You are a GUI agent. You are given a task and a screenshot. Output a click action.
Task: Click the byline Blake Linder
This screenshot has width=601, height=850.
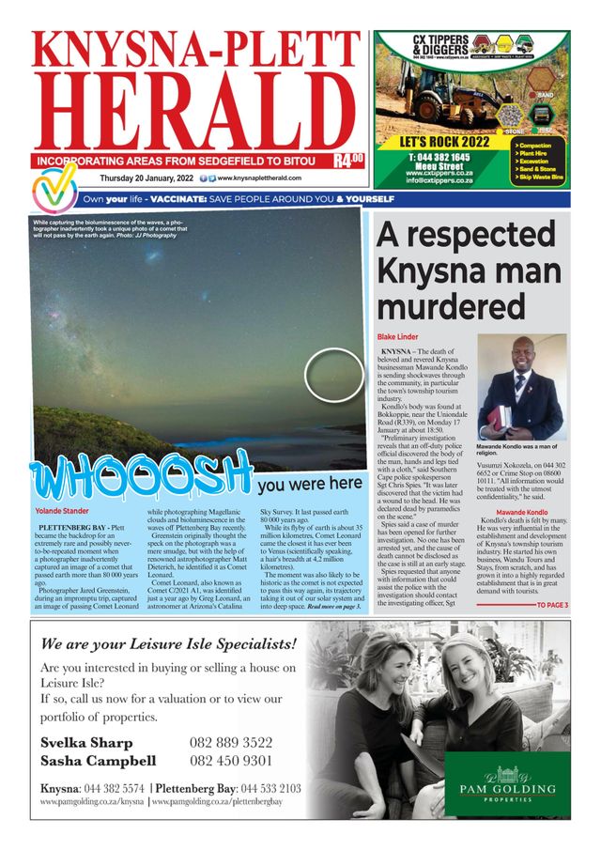[x=398, y=336]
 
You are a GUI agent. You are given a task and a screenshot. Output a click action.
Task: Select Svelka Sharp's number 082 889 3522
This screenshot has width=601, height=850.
[x=231, y=742]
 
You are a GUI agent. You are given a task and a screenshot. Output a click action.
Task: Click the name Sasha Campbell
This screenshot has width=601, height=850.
[x=98, y=761]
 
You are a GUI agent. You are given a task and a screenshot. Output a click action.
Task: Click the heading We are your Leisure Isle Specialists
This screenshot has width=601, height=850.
[x=168, y=644]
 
